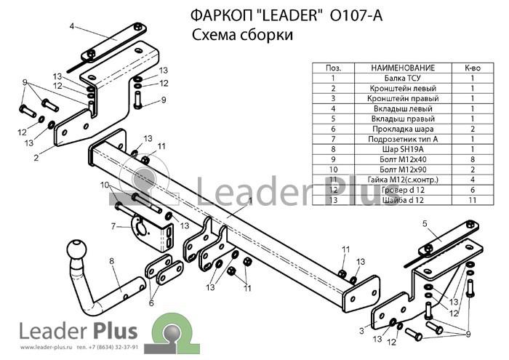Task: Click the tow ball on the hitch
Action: point(77,249)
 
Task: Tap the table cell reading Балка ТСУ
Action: point(403,79)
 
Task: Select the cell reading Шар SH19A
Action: point(403,149)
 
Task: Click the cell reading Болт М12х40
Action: point(403,159)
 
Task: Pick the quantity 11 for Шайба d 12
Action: point(473,200)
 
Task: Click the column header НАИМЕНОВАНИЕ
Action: point(403,68)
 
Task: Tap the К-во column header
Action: point(473,68)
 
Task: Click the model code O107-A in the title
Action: point(356,15)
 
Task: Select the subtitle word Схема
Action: point(215,35)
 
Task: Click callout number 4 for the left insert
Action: point(72,26)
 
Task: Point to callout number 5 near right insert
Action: point(425,223)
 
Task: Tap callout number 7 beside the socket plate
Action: point(113,226)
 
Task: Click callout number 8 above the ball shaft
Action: point(112,261)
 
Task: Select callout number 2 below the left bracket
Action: point(36,158)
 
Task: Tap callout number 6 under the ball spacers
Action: point(151,303)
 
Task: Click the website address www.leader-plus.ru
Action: point(46,348)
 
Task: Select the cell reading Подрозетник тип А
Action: point(403,139)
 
